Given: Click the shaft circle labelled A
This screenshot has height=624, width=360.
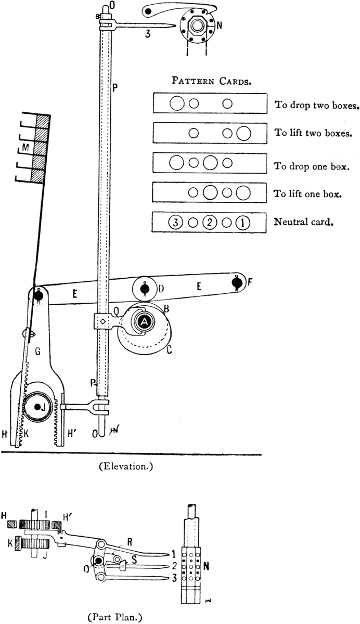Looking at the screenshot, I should click(x=145, y=323).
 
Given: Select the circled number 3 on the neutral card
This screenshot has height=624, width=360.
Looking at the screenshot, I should click(x=176, y=223).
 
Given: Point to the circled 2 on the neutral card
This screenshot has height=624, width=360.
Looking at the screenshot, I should click(x=209, y=223).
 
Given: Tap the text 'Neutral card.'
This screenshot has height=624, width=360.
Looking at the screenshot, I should click(x=303, y=223).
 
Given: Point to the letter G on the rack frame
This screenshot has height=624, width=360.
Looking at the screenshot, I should click(x=38, y=352).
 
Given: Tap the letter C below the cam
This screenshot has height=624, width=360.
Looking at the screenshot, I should click(x=169, y=350).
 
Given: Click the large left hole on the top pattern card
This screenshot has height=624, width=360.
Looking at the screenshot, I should click(x=176, y=103).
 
